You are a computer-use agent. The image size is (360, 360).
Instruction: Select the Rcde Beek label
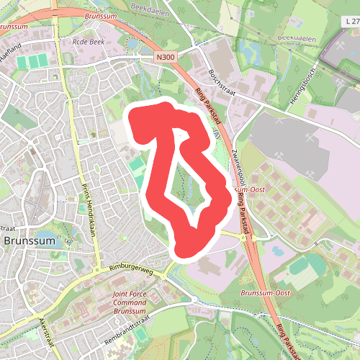[88, 42]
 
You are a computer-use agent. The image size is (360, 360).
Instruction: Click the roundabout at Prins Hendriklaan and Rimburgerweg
[97, 271]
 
